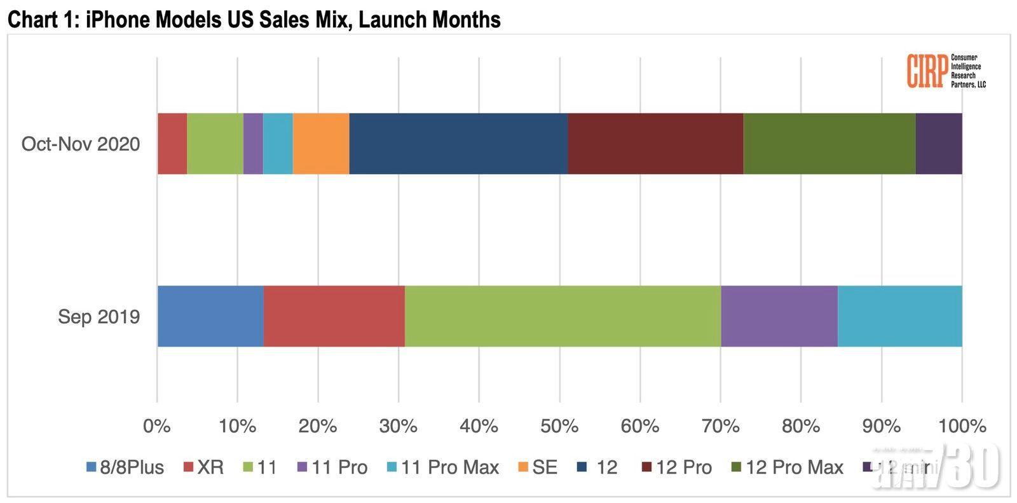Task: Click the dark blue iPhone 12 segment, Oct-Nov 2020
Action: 458,144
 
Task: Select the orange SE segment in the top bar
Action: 321,144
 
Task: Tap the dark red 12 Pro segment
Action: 655,144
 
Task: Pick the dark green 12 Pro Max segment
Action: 829,144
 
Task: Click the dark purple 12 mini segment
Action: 939,144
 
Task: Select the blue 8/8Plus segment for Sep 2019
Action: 210,316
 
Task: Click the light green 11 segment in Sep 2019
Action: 563,316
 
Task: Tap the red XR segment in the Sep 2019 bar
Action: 334,316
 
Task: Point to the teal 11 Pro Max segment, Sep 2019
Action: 899,316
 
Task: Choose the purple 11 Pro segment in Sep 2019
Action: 779,316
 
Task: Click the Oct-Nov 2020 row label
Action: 81,144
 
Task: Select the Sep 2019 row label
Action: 99,317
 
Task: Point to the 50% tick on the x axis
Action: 559,425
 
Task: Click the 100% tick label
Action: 962,425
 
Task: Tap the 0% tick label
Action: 157,425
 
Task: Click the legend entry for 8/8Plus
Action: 125,467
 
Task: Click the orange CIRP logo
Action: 927,71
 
